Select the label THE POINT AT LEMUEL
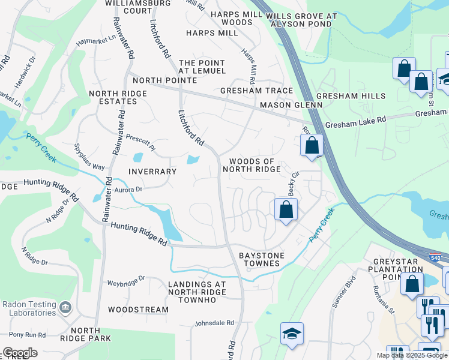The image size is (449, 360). [202, 67]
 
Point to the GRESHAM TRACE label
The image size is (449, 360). [256, 91]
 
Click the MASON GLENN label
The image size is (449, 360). [291, 105]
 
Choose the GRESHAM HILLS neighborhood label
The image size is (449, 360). [359, 96]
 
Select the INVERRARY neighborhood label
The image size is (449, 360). [152, 172]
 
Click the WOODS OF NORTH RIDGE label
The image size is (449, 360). [252, 166]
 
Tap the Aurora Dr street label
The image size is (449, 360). [128, 189]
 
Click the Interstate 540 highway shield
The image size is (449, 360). [433, 257]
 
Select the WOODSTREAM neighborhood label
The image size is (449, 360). [139, 310]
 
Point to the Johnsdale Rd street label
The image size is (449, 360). [214, 323]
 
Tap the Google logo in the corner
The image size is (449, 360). [20, 353]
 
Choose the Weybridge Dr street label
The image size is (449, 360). [126, 280]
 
